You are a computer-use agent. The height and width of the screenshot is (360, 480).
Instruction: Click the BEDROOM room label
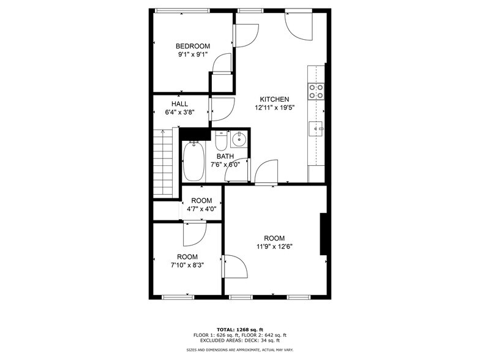coord(193,47)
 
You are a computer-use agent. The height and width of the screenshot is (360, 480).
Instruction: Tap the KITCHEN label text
coord(274,99)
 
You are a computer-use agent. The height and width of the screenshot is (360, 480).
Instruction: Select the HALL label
coord(180,104)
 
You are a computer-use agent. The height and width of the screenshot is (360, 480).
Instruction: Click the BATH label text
coord(225,156)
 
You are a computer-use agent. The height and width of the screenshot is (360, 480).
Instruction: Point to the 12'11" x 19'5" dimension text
coord(274,108)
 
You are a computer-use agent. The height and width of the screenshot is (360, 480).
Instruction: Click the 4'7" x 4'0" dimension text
coord(201,209)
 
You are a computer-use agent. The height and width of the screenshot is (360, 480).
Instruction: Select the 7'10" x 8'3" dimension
coord(187,265)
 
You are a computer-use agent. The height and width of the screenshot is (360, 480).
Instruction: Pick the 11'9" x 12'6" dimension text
coord(274,246)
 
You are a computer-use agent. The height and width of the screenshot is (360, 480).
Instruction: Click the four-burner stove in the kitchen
coord(316,91)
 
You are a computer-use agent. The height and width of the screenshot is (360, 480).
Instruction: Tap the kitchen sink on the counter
coord(316,129)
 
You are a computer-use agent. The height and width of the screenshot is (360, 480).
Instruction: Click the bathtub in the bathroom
coord(193,161)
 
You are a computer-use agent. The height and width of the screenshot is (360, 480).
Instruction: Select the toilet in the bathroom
coord(220,140)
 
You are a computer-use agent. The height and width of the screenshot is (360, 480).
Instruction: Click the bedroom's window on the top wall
coord(182,11)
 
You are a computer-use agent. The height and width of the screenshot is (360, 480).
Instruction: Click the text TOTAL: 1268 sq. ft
coord(240,329)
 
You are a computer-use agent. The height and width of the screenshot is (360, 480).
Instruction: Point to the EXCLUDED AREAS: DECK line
coord(240,340)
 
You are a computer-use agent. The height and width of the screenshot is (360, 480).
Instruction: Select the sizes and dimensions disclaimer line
coord(240,350)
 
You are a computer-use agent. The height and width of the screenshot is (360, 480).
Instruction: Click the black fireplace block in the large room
coord(323,234)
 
